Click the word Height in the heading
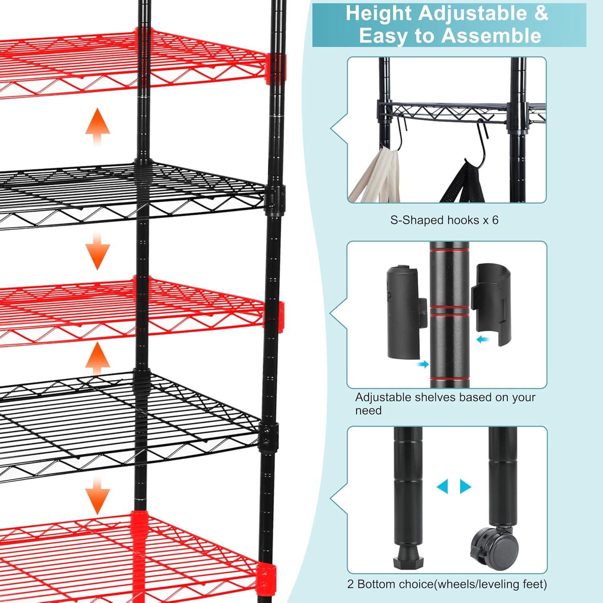379,13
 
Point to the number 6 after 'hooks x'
495,220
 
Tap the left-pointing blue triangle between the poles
442,486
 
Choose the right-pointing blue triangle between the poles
466,486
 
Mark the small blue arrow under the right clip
483,340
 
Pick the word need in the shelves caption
368,410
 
